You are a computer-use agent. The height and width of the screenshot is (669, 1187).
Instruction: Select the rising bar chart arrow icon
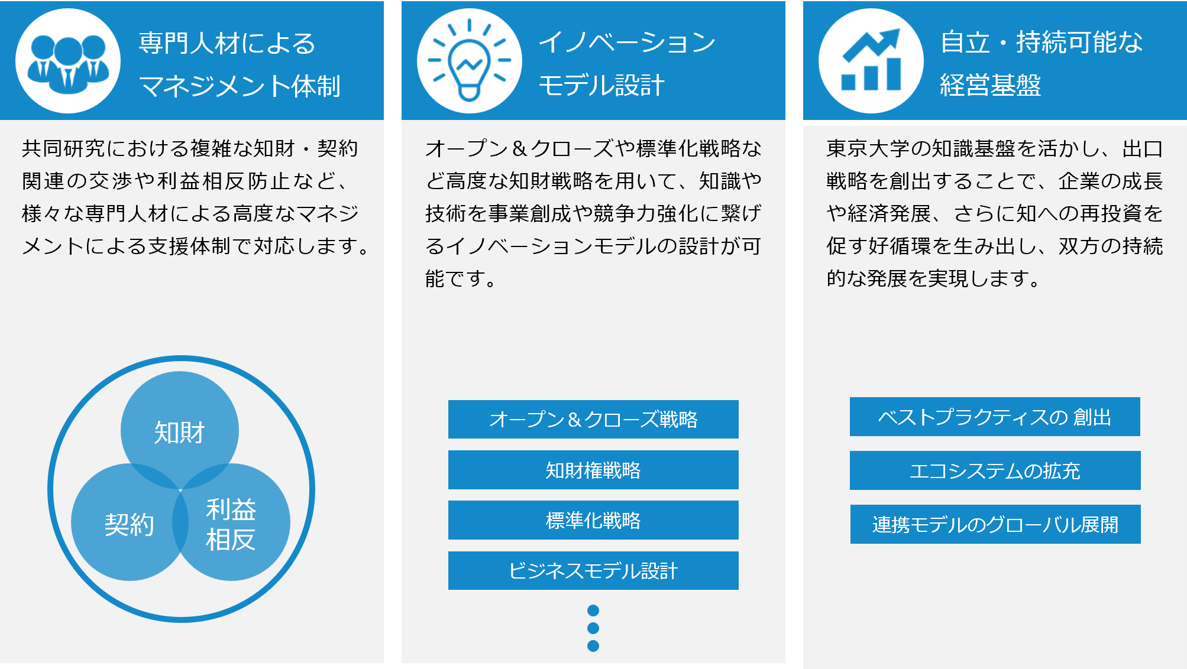871,60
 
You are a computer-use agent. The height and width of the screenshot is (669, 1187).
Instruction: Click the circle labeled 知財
180,430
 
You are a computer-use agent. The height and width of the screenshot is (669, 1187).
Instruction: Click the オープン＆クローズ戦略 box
593,419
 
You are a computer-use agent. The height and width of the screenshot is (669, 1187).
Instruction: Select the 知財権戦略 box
593,470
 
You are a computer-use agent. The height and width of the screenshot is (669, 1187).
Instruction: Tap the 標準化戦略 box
593,520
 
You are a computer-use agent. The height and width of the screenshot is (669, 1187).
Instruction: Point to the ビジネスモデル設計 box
593,570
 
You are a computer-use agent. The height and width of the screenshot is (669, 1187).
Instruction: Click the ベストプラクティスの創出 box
995,417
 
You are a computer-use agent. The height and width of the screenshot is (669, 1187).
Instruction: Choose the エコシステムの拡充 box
995,470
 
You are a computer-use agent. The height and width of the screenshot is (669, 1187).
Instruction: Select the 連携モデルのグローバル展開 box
995,524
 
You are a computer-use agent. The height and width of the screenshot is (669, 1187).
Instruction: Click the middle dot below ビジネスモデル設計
593,628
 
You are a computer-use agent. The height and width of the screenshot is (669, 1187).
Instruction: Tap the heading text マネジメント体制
240,86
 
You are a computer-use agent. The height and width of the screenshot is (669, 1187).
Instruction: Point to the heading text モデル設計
601,85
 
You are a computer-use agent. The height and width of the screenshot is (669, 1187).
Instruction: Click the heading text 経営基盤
991,85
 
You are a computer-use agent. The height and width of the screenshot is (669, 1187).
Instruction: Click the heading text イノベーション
627,42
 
